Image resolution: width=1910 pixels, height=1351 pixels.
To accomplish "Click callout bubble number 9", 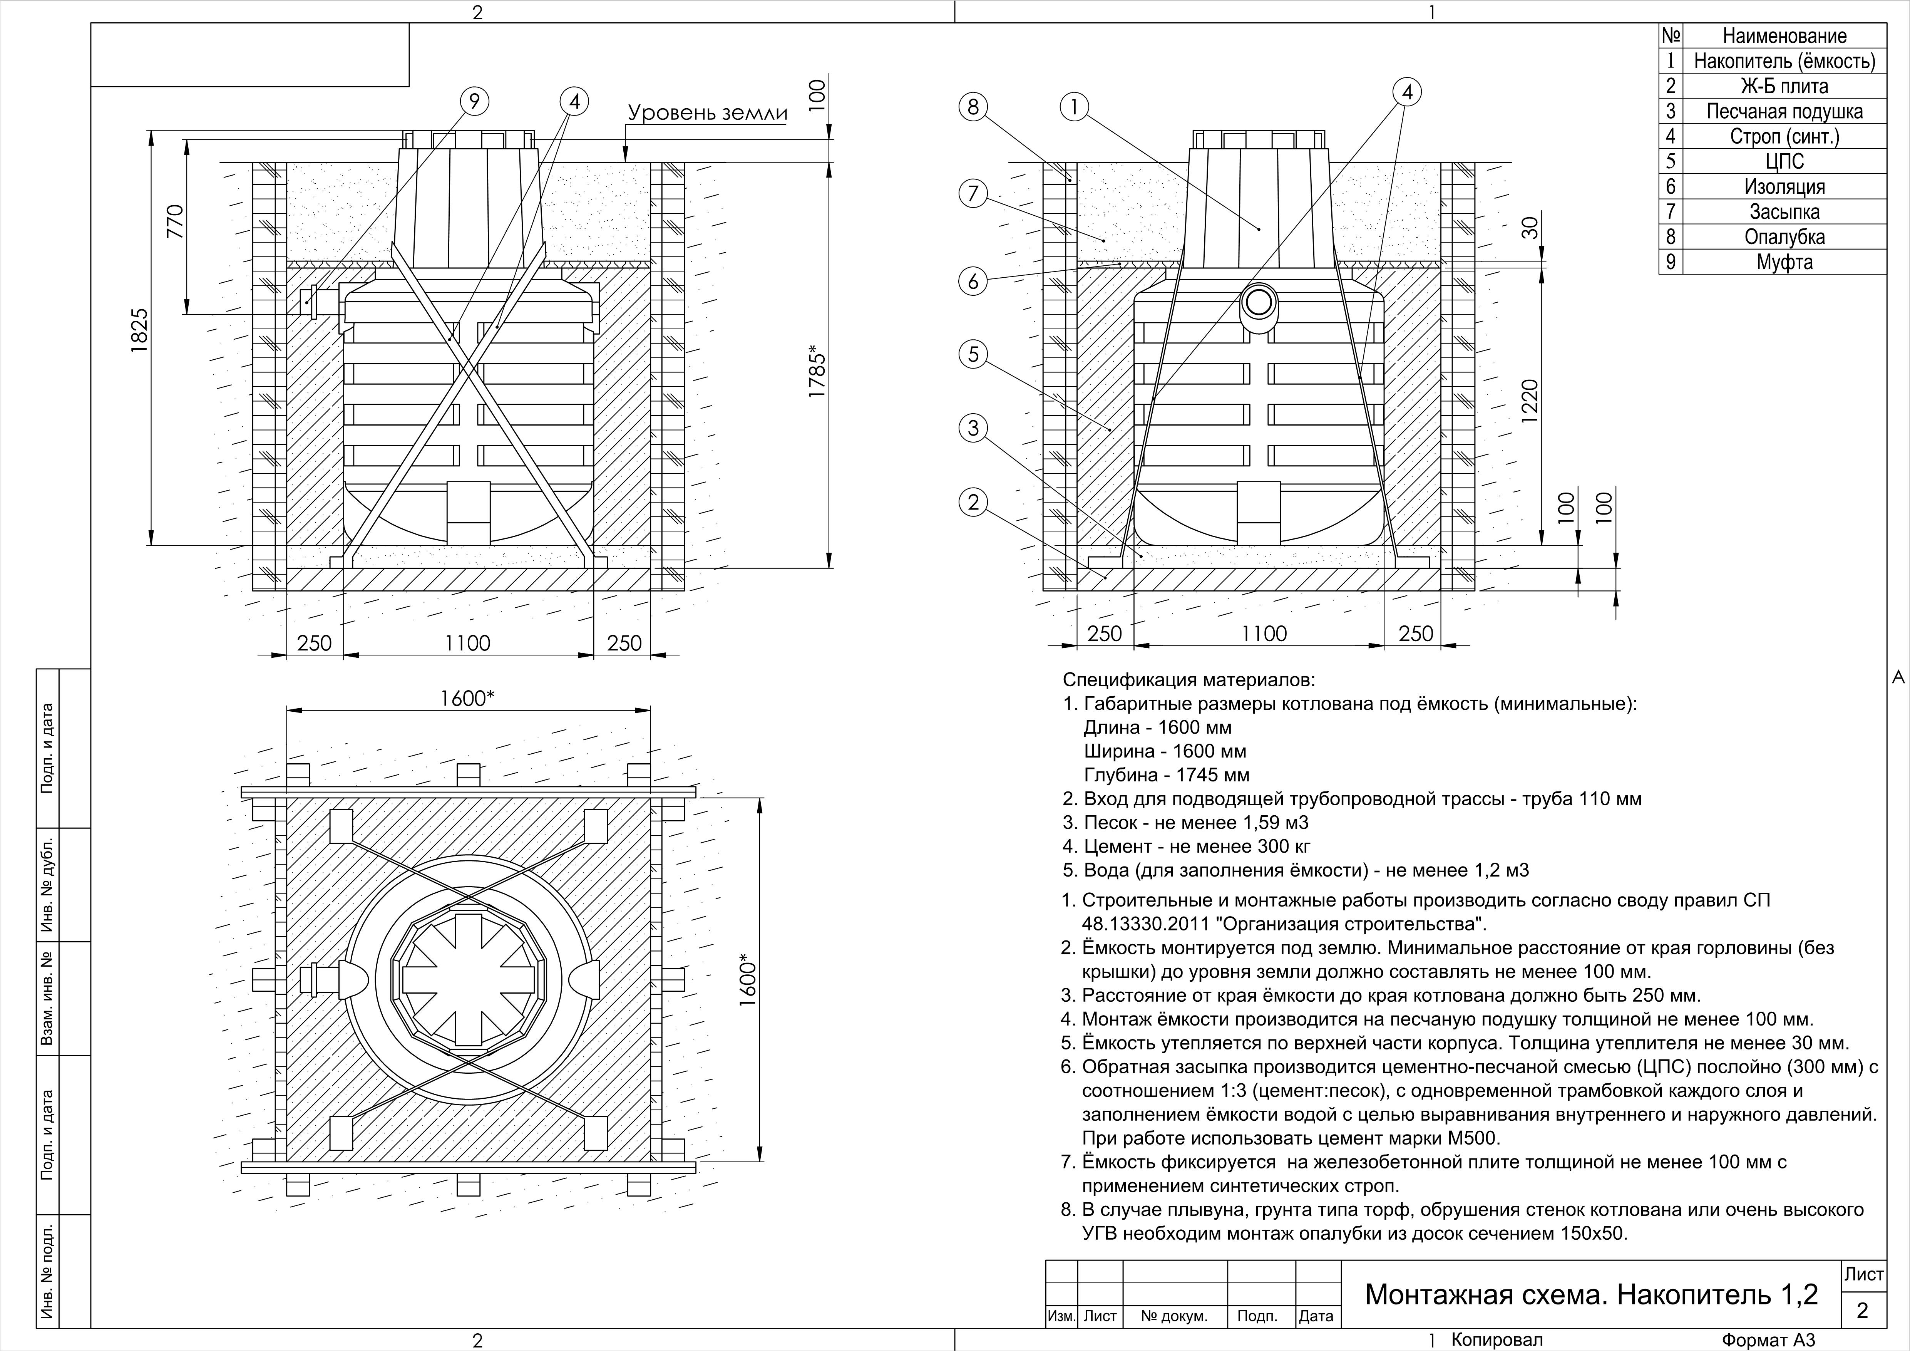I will pyautogui.click(x=474, y=102).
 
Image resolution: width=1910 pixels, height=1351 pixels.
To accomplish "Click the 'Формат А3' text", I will pyautogui.click(x=1768, y=1340).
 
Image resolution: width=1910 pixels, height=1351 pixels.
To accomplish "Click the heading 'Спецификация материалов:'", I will pyautogui.click(x=1189, y=681).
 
